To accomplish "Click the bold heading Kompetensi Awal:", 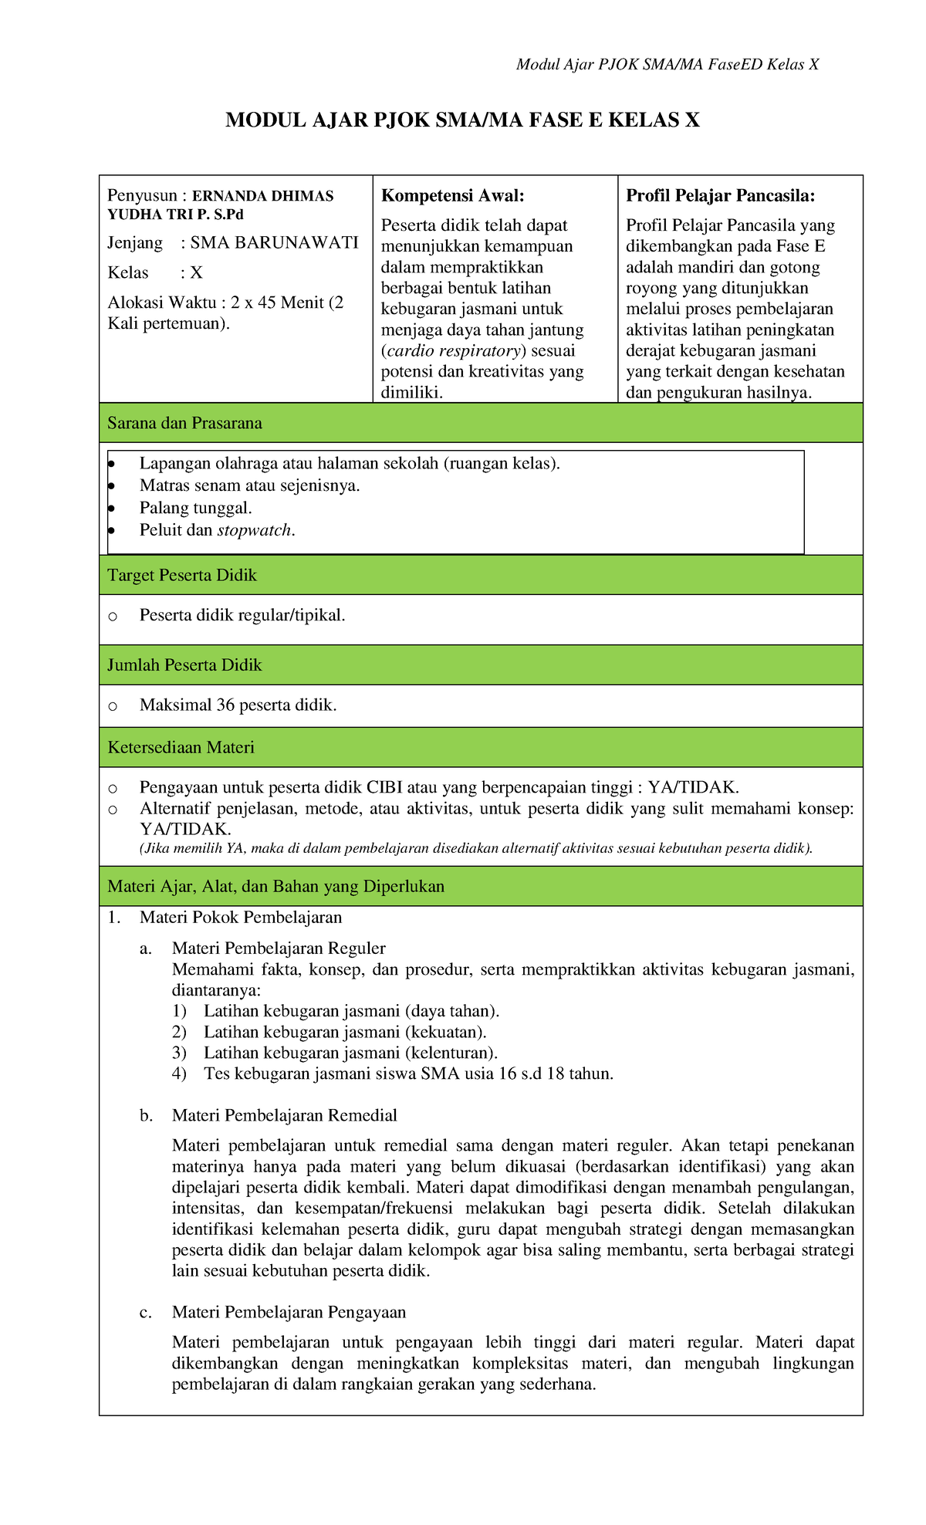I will point(452,196).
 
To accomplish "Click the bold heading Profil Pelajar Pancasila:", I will point(720,196).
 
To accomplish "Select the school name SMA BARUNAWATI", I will point(274,243).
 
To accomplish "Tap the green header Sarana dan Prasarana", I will point(184,423).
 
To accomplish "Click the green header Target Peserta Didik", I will point(182,575).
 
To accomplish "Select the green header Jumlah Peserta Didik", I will point(184,665).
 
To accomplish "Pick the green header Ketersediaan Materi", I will point(181,747).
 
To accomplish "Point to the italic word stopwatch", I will point(255,530).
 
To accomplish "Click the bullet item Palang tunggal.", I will point(195,508).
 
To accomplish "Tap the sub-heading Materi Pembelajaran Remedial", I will point(284,1115).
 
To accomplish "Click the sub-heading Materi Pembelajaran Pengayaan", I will point(289,1312).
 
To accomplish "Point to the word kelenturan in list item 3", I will point(451,1053).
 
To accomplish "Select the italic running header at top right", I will point(667,64).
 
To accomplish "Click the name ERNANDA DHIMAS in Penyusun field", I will point(262,196).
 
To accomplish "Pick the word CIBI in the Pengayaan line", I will point(384,787).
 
